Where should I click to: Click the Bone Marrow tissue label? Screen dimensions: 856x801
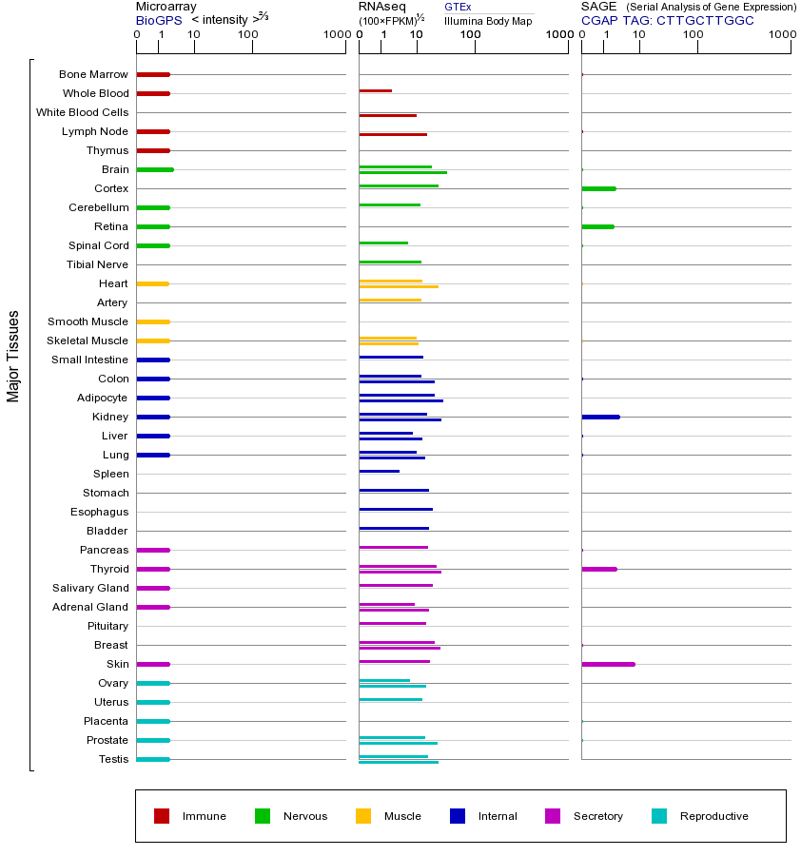93,74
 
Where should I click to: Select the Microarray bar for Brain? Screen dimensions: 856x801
155,169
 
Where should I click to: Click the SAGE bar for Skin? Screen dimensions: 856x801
608,664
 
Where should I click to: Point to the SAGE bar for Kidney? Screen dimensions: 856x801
600,417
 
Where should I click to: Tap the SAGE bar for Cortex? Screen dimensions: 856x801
598,188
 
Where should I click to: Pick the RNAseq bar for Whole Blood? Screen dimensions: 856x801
375,90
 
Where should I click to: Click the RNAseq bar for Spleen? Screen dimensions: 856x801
379,471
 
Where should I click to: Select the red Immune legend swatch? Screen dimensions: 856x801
162,816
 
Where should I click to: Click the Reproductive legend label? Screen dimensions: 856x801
713,816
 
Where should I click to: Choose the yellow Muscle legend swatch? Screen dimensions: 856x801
363,816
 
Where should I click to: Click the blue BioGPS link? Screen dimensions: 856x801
159,20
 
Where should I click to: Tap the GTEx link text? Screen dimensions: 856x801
458,8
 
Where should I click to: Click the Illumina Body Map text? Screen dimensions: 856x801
488,21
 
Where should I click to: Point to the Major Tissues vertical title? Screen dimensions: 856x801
13,356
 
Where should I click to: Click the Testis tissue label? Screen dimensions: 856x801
113,759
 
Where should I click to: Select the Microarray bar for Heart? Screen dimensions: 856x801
152,283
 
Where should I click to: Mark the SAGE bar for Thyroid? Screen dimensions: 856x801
598,569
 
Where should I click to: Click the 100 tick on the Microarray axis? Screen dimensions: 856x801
248,35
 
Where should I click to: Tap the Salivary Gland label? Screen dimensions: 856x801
90,588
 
